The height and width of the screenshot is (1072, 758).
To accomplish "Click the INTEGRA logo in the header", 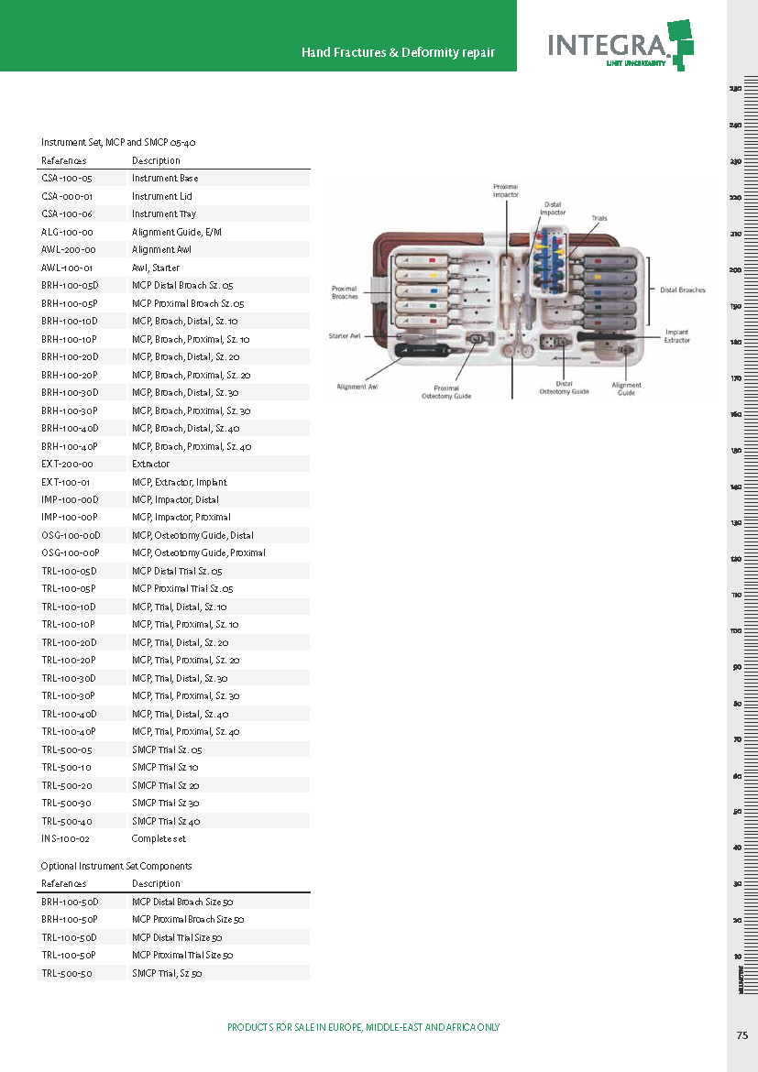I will click(x=620, y=42).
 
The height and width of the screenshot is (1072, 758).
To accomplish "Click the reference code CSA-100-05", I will click(x=67, y=178).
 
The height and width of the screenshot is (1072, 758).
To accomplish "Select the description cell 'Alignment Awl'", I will click(x=161, y=249).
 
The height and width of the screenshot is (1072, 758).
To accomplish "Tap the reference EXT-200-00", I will click(x=67, y=464).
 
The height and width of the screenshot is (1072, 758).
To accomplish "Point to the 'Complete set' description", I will click(x=159, y=838).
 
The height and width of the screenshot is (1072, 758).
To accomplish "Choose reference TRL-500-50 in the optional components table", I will click(x=67, y=973).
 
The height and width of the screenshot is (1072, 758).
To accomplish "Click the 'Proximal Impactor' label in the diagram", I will click(x=506, y=190).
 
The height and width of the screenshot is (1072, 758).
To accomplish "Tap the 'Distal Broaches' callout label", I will click(x=683, y=290).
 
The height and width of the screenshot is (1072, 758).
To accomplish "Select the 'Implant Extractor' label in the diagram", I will click(x=677, y=336).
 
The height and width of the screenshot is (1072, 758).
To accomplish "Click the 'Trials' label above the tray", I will click(x=599, y=218).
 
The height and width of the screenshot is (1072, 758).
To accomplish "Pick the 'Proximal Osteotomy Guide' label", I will click(x=446, y=391).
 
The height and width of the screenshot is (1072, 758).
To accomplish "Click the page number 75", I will click(x=742, y=1035).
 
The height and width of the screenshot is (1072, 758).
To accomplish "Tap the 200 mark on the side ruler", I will click(x=735, y=270).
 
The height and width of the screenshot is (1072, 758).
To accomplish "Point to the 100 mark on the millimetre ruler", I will click(x=735, y=631).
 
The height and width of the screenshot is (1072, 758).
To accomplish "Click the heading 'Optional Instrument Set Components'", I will click(x=116, y=866).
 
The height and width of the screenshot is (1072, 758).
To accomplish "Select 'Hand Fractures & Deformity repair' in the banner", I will click(x=398, y=52).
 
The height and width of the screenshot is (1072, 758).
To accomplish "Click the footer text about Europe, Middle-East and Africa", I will click(x=363, y=1027).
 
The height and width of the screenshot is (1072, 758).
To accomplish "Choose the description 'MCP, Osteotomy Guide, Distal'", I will click(x=192, y=535).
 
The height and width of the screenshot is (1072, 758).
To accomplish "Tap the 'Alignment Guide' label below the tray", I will click(x=626, y=389).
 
